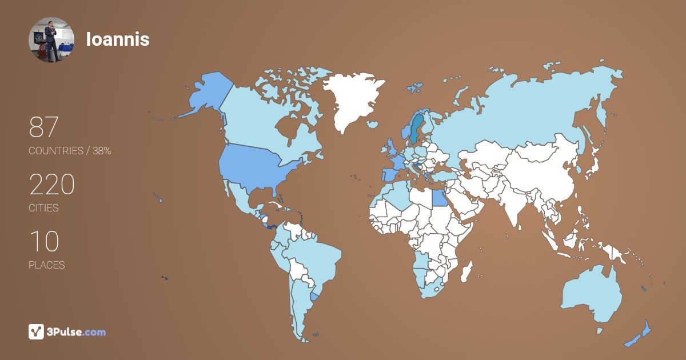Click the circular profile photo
(51, 39)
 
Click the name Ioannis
(118, 39)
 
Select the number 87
(44, 127)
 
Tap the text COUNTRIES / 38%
(70, 151)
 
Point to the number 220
(52, 185)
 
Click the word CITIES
(44, 208)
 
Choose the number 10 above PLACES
(44, 242)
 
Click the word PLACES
(47, 265)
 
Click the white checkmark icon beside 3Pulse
(36, 331)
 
